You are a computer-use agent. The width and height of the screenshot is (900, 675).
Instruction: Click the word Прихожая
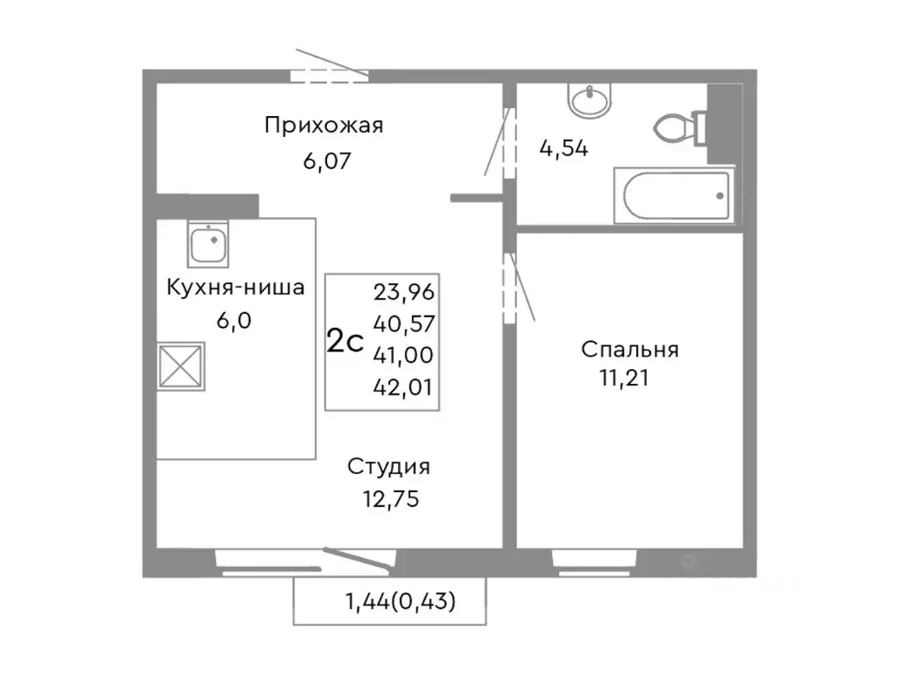[x=324, y=125]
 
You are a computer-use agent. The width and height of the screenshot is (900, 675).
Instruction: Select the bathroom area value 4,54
[x=563, y=147]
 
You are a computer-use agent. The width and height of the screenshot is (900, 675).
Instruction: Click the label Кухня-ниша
[x=236, y=287]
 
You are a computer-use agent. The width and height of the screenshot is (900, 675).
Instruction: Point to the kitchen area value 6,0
[x=234, y=320]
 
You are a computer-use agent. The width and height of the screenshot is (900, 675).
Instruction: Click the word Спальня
[x=629, y=349]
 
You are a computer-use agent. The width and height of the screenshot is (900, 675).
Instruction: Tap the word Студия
[x=388, y=466]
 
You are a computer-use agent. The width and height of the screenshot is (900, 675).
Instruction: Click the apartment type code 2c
[x=345, y=341]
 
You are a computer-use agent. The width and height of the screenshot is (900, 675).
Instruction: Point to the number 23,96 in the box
[x=404, y=292]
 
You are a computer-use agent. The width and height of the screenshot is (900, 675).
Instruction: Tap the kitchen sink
[x=209, y=243]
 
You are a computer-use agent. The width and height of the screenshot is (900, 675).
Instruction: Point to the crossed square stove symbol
[x=181, y=366]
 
